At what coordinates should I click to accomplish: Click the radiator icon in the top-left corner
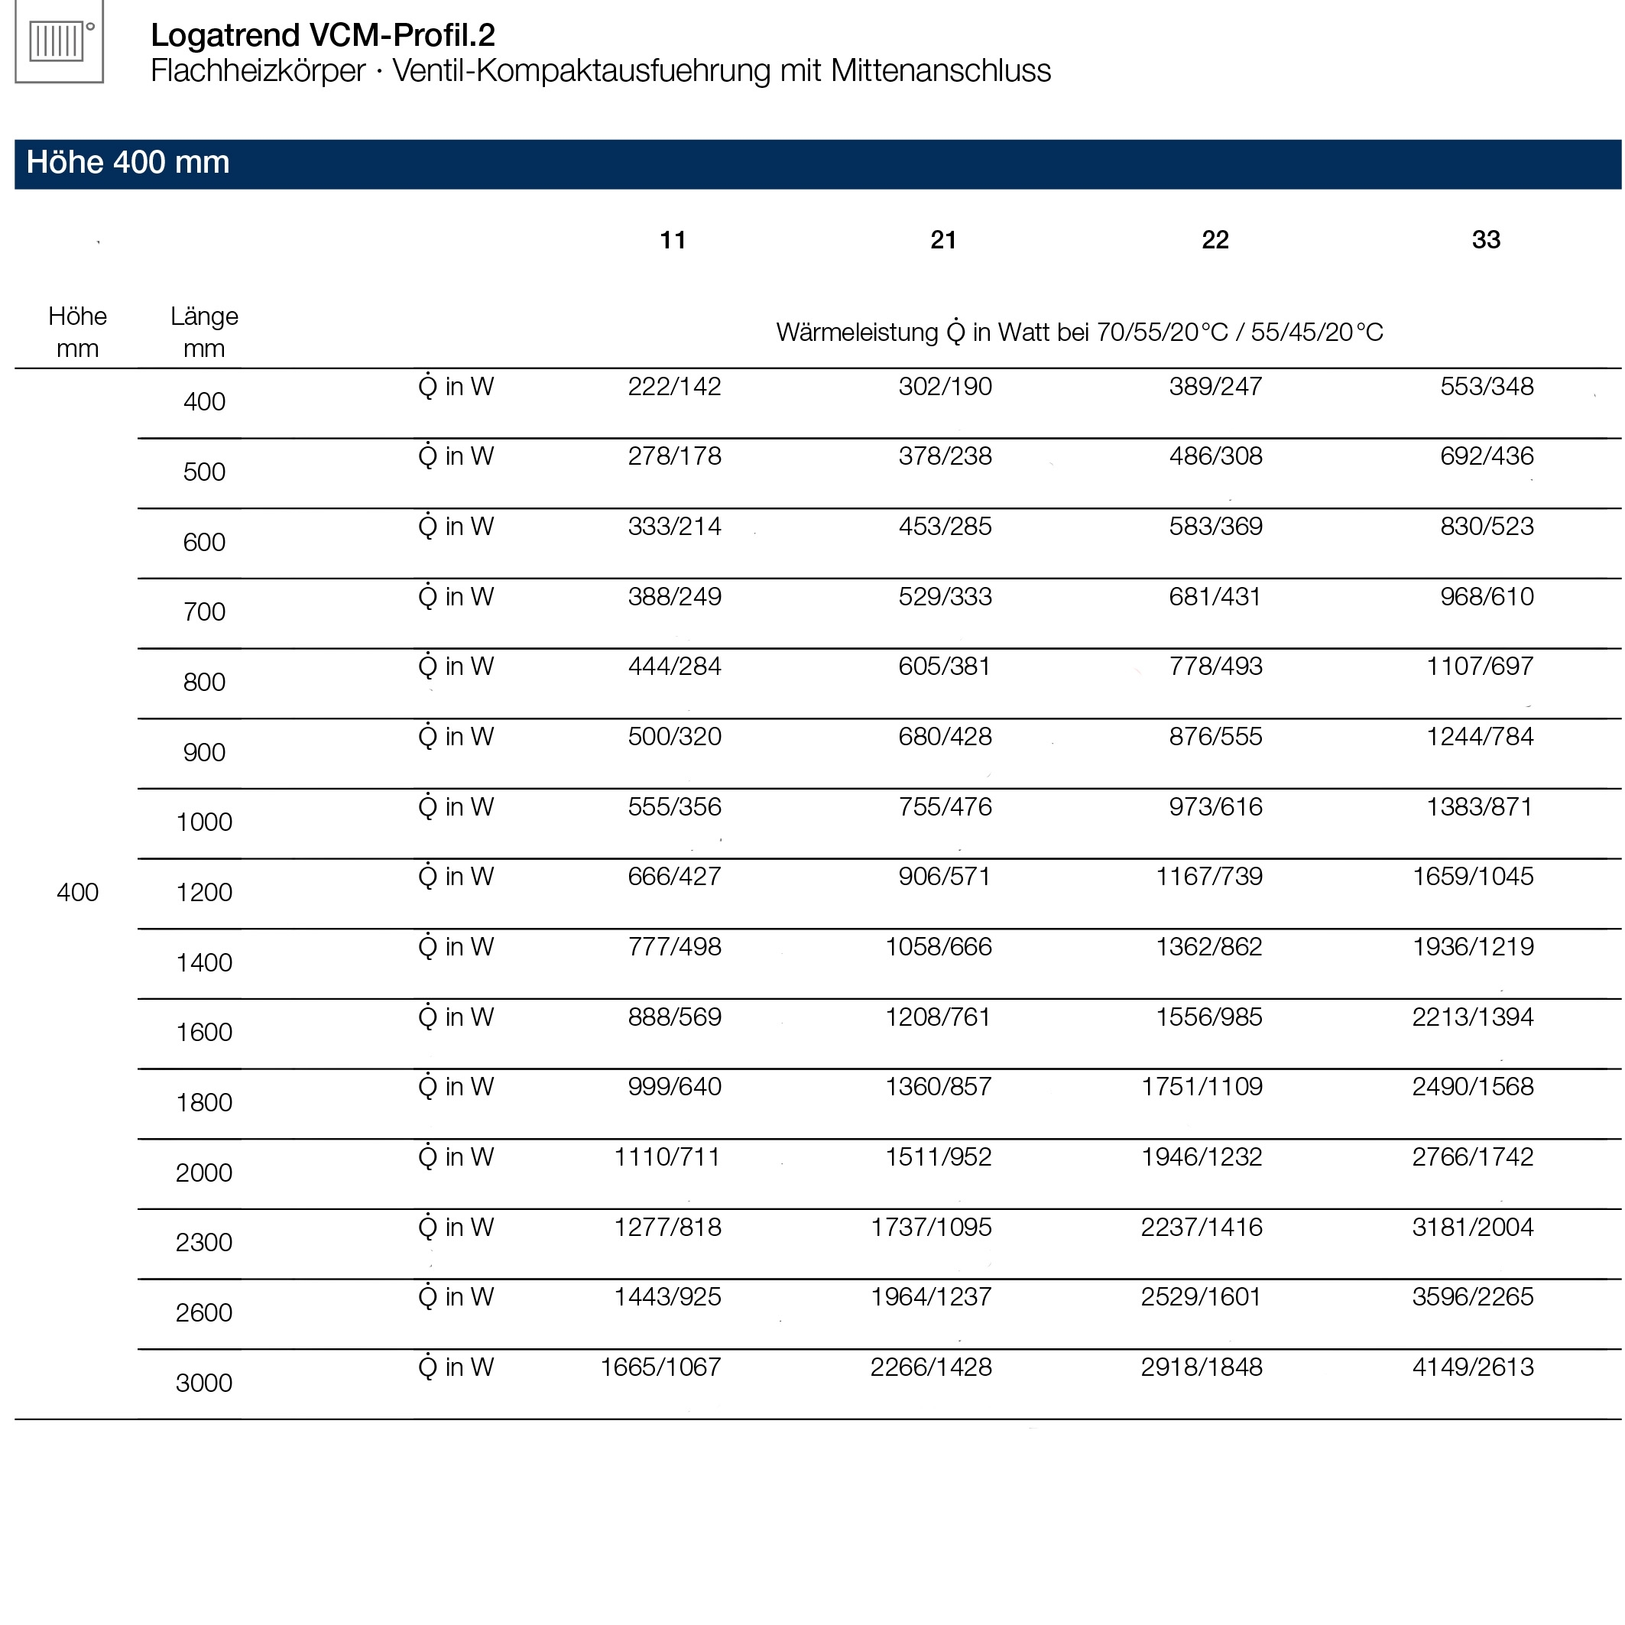pyautogui.click(x=58, y=41)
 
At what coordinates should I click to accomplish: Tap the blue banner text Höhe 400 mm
pyautogui.click(x=128, y=162)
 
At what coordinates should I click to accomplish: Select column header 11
pyautogui.click(x=672, y=240)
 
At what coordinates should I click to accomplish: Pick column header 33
pyautogui.click(x=1485, y=240)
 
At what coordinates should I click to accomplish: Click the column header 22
pyautogui.click(x=1215, y=240)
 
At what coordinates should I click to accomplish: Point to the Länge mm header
pyautogui.click(x=203, y=332)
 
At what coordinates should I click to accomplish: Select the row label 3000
pyautogui.click(x=203, y=1382)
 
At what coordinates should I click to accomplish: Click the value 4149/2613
pyautogui.click(x=1472, y=1367)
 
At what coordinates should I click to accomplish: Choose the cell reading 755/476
pyautogui.click(x=945, y=806)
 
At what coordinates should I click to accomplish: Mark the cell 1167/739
pyautogui.click(x=1208, y=877)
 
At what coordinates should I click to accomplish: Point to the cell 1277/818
pyautogui.click(x=667, y=1228)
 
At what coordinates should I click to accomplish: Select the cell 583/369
pyautogui.click(x=1215, y=527)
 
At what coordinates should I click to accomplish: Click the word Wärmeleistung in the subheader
pyautogui.click(x=856, y=332)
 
